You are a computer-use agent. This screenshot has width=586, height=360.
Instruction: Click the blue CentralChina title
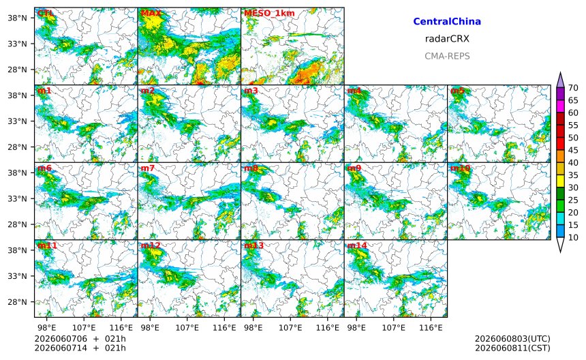447,21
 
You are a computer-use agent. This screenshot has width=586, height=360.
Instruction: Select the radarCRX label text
447,38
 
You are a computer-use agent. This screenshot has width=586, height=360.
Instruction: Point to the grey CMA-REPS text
447,56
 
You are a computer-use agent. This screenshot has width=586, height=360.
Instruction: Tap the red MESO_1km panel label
269,13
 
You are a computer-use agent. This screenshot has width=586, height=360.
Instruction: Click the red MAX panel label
151,13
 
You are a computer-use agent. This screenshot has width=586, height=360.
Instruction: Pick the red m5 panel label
457,91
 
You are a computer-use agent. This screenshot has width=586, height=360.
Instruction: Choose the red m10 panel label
460,168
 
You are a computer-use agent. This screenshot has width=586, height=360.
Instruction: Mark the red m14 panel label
357,245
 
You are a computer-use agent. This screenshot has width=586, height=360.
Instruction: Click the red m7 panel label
147,168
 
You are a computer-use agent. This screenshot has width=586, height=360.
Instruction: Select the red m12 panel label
150,245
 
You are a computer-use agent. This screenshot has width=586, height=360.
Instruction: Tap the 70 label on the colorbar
573,88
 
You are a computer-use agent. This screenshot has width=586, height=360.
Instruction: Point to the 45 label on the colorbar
573,150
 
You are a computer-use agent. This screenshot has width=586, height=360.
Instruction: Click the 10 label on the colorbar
573,237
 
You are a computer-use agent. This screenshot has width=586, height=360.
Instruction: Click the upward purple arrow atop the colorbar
560,80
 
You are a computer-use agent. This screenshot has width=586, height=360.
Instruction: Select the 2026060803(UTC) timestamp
512,339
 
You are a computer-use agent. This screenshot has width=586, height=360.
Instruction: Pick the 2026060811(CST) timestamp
512,348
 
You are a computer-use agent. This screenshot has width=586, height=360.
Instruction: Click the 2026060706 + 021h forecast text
80,339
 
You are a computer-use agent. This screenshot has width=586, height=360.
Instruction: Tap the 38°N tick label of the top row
18,18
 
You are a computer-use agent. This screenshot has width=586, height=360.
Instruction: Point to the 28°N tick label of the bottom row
18,302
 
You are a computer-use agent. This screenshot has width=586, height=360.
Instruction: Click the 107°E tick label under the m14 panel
394,328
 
